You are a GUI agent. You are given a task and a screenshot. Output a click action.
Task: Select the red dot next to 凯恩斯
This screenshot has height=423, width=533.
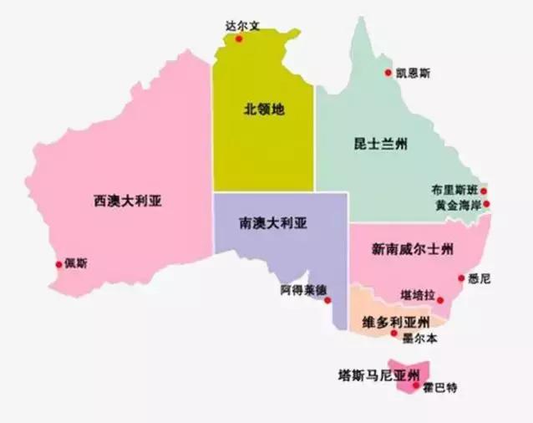click(x=388, y=73)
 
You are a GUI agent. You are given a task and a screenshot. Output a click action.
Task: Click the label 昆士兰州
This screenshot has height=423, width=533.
click(x=380, y=145)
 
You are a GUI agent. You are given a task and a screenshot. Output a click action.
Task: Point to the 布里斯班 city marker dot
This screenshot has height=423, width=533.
click(x=484, y=191)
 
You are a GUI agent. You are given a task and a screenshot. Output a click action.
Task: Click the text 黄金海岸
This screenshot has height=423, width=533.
click(x=457, y=204)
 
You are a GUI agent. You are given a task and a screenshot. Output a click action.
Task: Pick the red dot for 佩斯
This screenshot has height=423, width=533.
click(x=59, y=264)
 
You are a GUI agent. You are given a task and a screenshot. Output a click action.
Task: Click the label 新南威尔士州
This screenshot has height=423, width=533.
click(x=413, y=249)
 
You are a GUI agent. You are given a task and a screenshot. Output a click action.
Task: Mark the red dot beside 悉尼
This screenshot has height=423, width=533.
click(x=460, y=279)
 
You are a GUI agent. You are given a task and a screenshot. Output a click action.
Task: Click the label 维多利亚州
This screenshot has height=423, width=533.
click(x=397, y=322)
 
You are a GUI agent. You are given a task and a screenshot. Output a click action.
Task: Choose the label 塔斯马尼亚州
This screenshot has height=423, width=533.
click(x=368, y=374)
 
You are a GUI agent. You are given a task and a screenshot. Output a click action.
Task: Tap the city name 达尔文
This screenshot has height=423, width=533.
click(x=243, y=25)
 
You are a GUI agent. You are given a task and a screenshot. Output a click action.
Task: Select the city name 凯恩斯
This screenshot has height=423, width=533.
click(x=414, y=74)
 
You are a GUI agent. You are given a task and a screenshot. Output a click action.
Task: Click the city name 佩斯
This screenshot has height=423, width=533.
click(x=78, y=263)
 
